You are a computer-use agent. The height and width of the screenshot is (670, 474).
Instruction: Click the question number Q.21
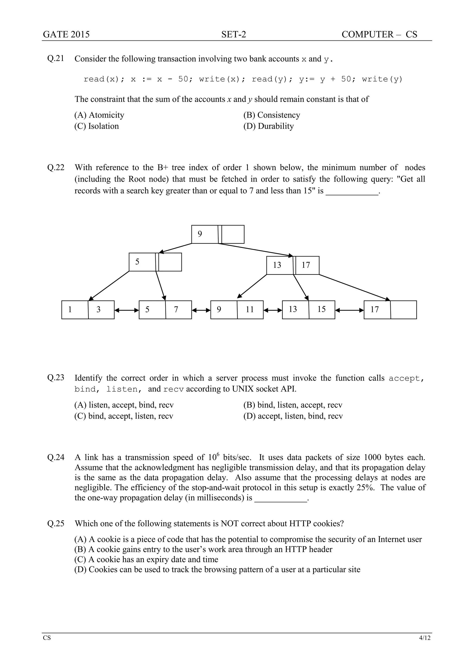coord(56,59)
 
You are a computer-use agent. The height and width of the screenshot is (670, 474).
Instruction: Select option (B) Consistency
coord(272,115)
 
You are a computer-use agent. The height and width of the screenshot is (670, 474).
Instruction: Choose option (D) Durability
coord(268,126)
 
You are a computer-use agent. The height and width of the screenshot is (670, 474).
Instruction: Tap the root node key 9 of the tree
coord(200,234)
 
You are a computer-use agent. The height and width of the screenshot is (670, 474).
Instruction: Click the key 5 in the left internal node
coord(137,262)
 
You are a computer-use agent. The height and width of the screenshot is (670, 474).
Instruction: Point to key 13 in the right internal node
coord(277,265)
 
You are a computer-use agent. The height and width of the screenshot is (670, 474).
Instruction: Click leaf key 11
coord(250,309)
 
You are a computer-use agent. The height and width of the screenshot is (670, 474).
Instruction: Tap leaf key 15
coord(321,309)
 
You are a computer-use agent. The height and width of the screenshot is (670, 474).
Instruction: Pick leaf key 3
coord(99,309)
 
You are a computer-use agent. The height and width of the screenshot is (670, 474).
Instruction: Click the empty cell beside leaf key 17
coord(403,310)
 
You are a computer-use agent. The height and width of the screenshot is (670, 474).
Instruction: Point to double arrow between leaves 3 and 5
coord(127,310)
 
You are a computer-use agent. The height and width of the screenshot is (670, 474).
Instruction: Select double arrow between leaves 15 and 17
coord(349,310)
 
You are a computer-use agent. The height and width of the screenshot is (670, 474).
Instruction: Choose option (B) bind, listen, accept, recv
coord(293,405)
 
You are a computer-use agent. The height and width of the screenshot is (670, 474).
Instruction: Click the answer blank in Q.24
coord(281,498)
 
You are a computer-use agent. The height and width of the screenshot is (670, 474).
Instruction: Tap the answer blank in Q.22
coord(352,191)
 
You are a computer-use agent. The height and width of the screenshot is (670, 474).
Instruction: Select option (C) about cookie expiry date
coord(146,559)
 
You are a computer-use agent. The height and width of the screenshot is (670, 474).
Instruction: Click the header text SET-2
coord(234,34)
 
